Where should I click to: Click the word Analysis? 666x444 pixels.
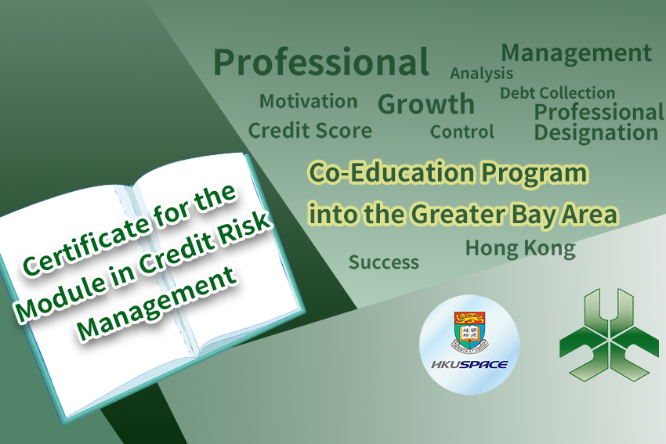(x=482, y=74)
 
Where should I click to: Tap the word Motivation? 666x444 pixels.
(x=309, y=102)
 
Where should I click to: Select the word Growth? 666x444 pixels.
(x=426, y=104)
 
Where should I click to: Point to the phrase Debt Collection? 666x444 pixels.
(x=557, y=93)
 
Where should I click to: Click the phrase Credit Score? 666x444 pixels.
(x=310, y=130)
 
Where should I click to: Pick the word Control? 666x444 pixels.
(x=462, y=132)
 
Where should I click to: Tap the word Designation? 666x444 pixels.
(x=596, y=133)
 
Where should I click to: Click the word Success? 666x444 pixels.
(x=384, y=262)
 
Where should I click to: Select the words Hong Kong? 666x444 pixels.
(x=521, y=249)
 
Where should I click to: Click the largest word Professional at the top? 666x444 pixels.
(x=321, y=63)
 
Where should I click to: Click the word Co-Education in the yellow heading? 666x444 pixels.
(x=392, y=173)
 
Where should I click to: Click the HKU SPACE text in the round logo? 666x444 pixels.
(x=469, y=365)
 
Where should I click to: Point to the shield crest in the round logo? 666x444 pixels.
(x=469, y=330)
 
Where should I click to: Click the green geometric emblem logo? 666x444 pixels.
(x=609, y=335)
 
